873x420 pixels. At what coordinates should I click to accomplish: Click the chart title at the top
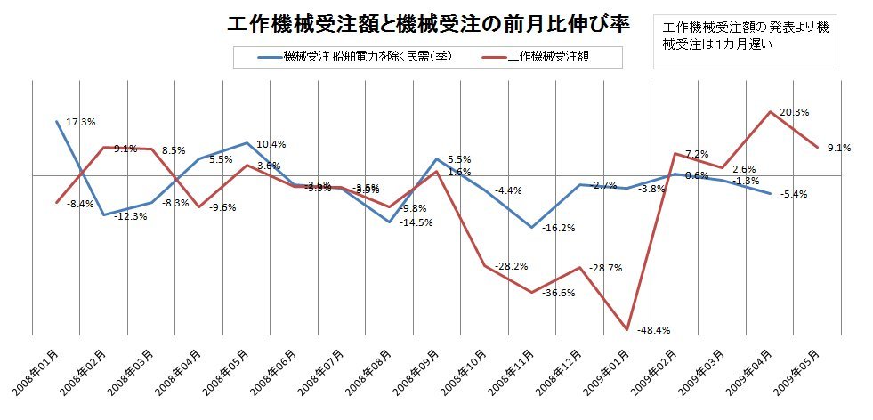[x=429, y=25]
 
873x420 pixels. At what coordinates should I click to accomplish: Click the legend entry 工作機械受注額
[x=551, y=56]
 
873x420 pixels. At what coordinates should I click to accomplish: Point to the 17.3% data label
[x=82, y=121]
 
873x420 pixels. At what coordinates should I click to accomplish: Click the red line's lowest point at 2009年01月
[x=627, y=330]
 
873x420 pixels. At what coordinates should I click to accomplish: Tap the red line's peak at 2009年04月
[x=771, y=112]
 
